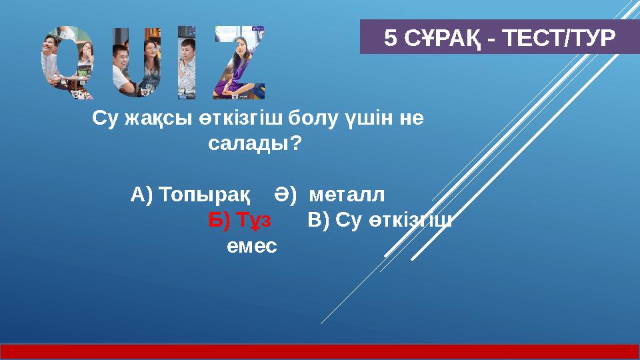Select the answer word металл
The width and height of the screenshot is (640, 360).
347,195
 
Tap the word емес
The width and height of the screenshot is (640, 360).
251,245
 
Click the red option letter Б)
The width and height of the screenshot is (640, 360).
219,220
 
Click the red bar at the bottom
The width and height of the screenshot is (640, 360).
320,351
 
